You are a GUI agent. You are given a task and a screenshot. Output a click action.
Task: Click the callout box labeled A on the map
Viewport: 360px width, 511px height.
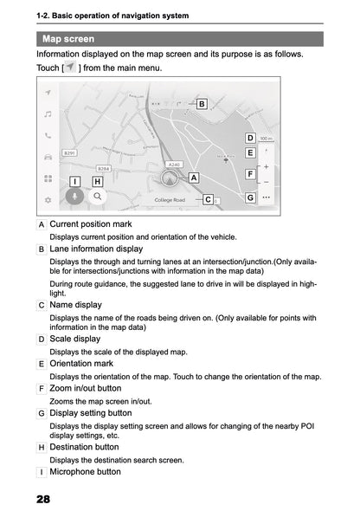193,177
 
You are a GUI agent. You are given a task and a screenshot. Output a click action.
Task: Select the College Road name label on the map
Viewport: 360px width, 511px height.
170,200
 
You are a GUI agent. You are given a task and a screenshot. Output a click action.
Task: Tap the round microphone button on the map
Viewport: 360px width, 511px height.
75,196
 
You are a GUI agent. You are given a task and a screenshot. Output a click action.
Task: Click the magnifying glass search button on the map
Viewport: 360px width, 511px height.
99,197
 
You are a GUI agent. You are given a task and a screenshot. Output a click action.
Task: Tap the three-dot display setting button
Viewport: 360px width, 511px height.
266,197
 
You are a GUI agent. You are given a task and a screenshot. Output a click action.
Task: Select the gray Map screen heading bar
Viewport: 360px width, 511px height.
180,39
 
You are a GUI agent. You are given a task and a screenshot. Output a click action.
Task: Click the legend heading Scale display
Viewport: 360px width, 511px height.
75,339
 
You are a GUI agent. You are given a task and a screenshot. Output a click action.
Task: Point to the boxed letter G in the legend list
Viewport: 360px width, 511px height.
42,413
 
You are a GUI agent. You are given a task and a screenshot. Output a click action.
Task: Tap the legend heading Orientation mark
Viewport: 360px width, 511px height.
82,364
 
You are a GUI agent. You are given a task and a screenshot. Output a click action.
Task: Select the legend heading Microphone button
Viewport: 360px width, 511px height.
86,472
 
